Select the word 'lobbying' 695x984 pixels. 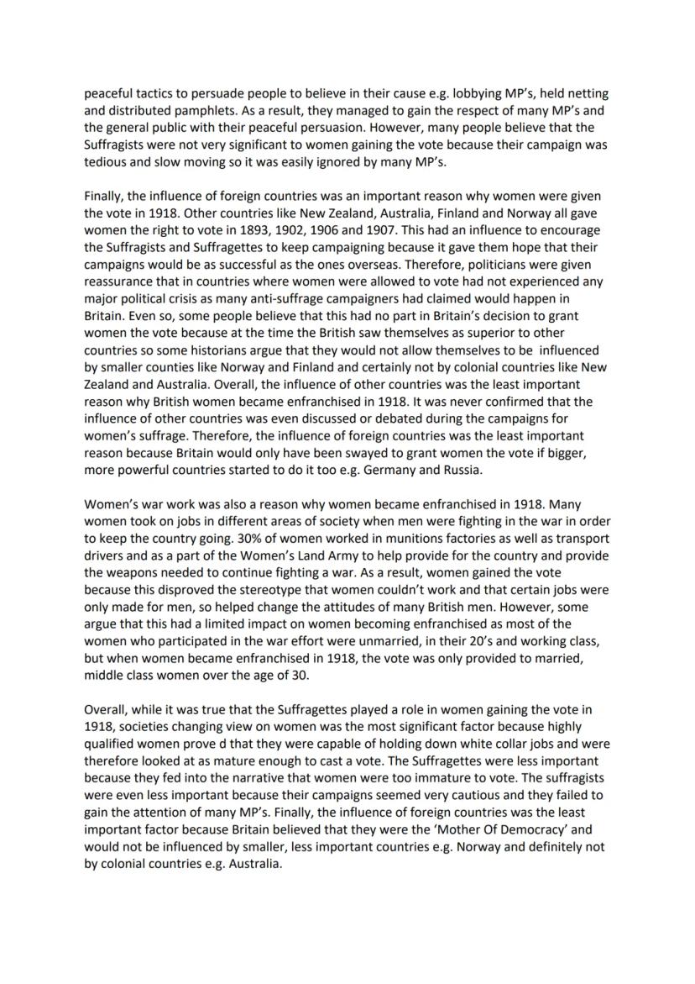(x=481, y=94)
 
